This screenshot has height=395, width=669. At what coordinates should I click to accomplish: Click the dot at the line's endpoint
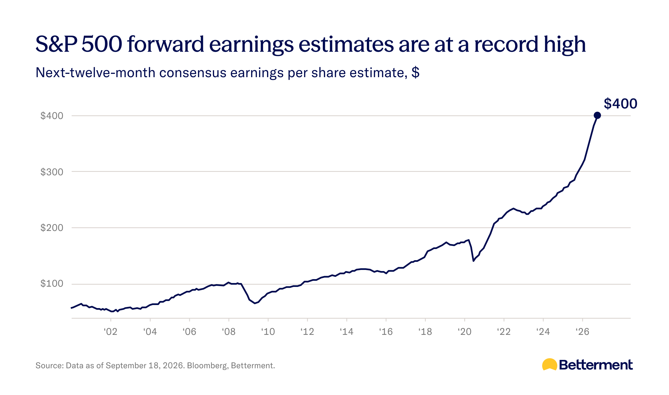click(597, 115)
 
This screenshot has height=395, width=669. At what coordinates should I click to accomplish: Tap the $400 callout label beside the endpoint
click(620, 104)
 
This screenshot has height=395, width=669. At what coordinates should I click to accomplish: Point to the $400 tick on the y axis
click(52, 116)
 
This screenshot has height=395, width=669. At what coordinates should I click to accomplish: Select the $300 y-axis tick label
click(52, 172)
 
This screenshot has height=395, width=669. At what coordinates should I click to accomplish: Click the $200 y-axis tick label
click(52, 228)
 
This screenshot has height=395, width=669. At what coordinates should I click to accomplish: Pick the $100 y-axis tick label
click(52, 284)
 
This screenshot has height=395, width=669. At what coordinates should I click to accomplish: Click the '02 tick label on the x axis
click(111, 331)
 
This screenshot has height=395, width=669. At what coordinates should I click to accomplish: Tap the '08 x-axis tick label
click(229, 331)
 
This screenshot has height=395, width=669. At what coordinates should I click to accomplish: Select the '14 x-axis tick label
click(346, 331)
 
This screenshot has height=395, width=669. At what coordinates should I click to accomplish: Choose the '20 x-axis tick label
click(464, 331)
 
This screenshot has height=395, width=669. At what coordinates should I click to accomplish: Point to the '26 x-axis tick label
click(582, 331)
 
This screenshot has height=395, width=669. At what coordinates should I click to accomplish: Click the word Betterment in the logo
click(596, 365)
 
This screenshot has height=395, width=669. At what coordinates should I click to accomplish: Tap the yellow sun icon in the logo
click(550, 364)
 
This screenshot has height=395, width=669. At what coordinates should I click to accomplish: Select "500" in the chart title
click(102, 44)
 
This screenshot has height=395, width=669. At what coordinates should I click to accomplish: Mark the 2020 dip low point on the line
click(473, 261)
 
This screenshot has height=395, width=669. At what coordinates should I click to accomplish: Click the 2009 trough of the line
click(254, 303)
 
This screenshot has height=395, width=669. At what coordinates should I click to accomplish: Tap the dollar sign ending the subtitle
click(415, 72)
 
